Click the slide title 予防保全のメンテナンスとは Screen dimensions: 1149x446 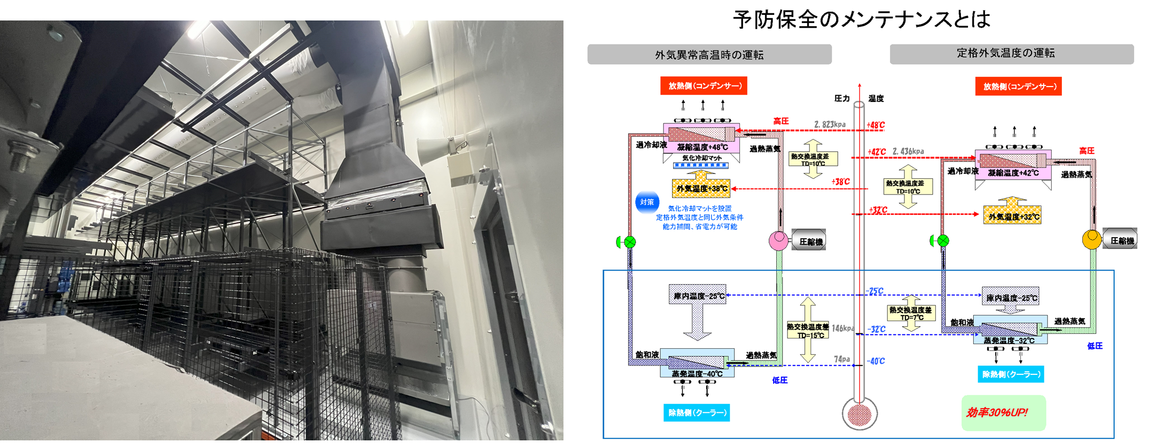[x=861, y=19]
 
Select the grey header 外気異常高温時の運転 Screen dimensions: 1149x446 [x=709, y=54]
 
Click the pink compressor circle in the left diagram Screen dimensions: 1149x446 [x=778, y=240]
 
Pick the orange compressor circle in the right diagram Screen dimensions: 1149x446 [x=1092, y=239]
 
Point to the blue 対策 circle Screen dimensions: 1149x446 [x=647, y=202]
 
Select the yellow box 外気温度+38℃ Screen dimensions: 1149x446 [x=701, y=188]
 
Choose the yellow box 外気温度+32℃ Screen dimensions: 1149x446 [x=1013, y=216]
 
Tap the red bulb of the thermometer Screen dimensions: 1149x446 [x=859, y=414]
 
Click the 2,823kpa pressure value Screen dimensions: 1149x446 [x=830, y=124]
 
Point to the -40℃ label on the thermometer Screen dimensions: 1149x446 [x=876, y=361]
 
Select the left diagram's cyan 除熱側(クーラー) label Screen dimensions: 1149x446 [x=696, y=412]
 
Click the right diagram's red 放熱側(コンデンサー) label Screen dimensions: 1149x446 [x=1018, y=87]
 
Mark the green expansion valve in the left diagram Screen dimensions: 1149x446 [x=629, y=242]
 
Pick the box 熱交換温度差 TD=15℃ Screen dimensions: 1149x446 [x=808, y=331]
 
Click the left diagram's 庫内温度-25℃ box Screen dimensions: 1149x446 [x=698, y=295]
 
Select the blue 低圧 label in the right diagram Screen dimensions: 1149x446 [x=1095, y=346]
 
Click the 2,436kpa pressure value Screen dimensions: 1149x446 [x=908, y=151]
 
